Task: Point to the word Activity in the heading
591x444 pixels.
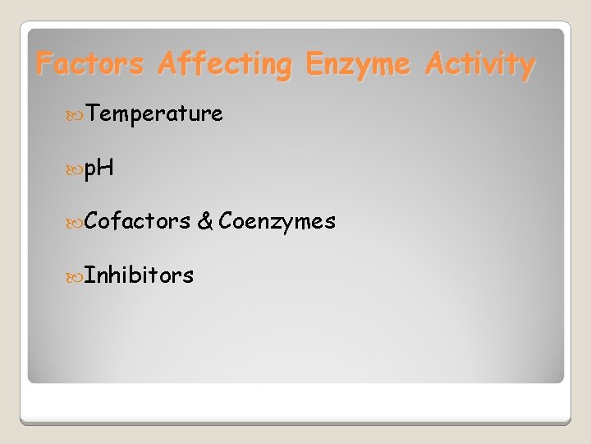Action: (480, 65)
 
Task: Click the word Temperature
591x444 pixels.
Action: (153, 113)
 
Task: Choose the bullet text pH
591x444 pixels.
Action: (98, 169)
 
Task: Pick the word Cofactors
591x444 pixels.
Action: (137, 220)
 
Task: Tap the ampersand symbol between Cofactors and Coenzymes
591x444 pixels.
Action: (205, 221)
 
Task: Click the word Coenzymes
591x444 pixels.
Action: (277, 221)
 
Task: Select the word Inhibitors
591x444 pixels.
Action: (139, 275)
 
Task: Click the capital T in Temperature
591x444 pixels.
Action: (93, 113)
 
